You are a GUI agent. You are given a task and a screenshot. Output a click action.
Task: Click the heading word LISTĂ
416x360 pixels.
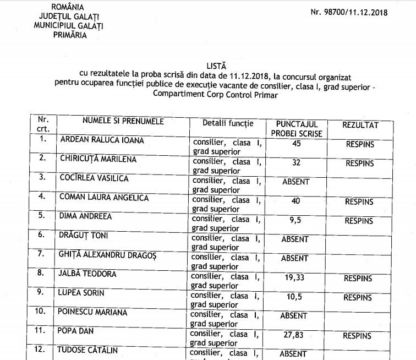216,65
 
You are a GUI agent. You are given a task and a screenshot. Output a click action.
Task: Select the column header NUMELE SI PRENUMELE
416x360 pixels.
123,121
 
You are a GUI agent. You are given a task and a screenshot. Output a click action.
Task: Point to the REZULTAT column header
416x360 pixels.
360,125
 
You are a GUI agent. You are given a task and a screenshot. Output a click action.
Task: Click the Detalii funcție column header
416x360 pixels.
228,123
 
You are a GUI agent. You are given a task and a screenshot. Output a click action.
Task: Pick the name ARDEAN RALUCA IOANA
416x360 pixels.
102,140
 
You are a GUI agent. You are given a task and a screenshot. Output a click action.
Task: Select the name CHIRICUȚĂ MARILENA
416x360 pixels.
98,159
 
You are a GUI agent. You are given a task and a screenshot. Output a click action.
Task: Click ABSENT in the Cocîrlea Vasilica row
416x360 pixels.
296,182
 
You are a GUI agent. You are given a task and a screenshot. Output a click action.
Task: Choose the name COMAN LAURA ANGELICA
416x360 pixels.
104,197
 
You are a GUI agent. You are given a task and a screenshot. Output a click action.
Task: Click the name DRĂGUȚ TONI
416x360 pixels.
84,236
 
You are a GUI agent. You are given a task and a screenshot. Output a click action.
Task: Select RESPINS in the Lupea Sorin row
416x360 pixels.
358,297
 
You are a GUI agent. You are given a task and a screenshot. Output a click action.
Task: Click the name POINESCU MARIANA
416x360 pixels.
92,312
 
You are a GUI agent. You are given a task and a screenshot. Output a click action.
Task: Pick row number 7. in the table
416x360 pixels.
41,254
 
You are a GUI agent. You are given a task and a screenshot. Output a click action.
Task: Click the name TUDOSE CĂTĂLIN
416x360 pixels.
88,350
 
